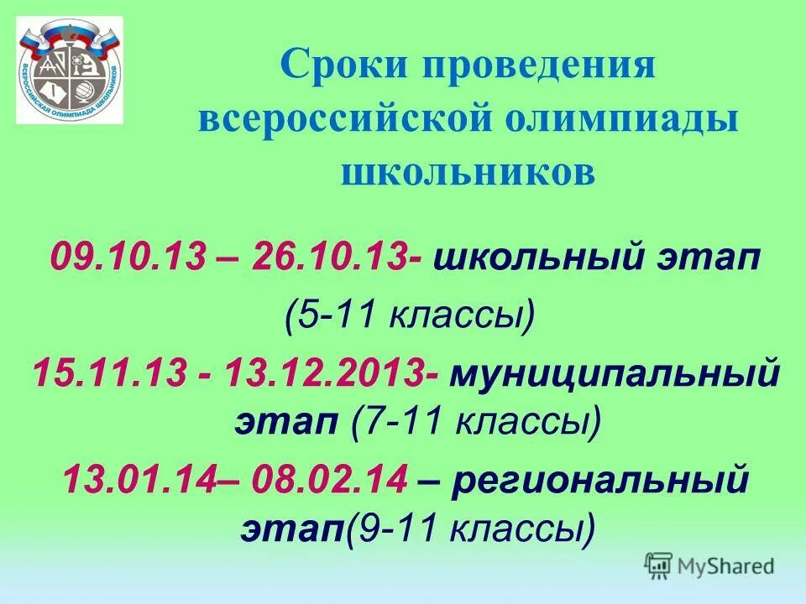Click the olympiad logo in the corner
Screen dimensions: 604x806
coord(70,70)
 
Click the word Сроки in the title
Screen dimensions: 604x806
coord(332,65)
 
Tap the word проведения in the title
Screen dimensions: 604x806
coord(529,65)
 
